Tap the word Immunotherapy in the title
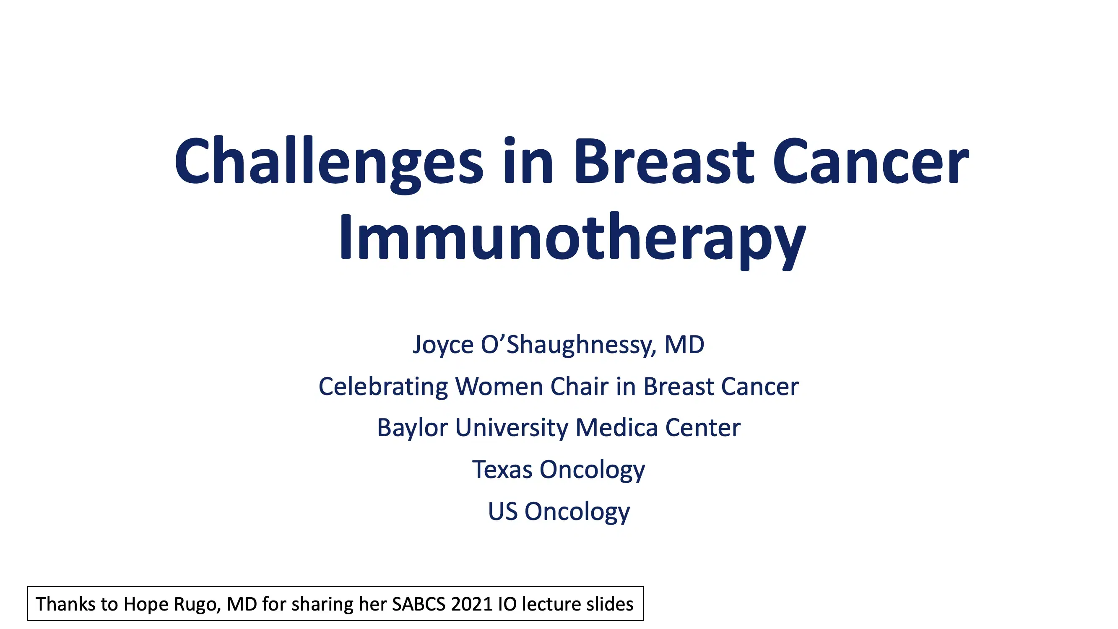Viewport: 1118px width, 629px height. (572, 238)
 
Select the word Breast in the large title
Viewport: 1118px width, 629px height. (663, 161)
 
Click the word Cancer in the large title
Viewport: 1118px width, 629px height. (870, 161)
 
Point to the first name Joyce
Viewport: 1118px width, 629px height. (443, 345)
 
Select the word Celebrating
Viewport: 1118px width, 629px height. (383, 386)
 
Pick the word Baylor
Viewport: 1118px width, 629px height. (412, 428)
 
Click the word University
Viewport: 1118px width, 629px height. (512, 428)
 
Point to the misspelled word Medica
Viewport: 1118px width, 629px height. (616, 428)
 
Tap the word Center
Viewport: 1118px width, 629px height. (703, 428)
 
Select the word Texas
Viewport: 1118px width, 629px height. (502, 469)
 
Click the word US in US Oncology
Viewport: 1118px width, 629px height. (502, 511)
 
